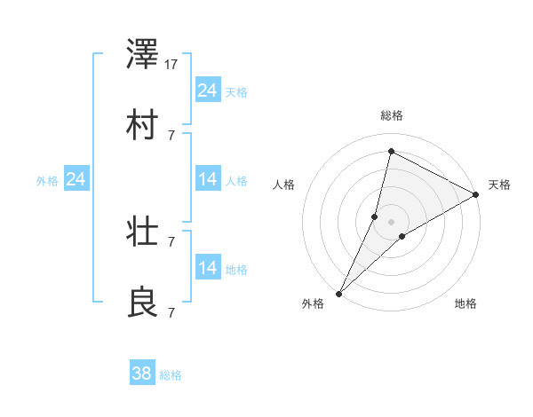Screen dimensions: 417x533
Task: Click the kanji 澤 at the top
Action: point(144,56)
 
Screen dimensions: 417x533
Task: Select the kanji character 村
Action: point(144,125)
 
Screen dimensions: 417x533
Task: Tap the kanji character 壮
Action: point(144,233)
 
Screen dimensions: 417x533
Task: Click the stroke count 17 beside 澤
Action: point(172,65)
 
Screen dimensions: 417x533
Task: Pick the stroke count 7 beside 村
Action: point(171,135)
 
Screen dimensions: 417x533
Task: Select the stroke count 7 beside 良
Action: point(171,312)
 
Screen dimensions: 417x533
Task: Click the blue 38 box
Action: point(142,374)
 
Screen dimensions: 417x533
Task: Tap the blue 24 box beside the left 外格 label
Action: point(76,180)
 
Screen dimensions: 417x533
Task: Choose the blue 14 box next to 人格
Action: point(208,180)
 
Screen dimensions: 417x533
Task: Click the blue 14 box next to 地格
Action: point(208,268)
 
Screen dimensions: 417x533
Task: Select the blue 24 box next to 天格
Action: point(208,90)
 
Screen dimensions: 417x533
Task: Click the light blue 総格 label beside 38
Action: point(171,375)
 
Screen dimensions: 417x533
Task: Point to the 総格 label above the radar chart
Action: point(391,115)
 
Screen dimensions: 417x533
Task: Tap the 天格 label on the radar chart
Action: point(499,185)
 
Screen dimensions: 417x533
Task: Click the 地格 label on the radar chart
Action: point(465,304)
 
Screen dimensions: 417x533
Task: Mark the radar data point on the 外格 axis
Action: point(338,293)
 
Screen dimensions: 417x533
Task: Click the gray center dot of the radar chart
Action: point(391,222)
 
